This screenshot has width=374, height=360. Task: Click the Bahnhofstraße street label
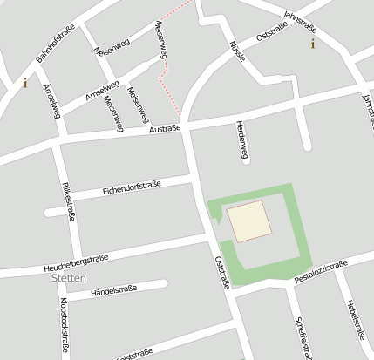55,44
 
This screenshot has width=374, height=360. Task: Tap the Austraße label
165,129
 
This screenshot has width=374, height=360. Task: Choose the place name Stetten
70,278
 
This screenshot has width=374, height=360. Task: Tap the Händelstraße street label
114,290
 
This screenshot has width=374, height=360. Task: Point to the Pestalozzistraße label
321,271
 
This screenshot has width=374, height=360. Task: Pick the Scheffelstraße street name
303,336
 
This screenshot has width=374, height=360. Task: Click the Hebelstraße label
353,318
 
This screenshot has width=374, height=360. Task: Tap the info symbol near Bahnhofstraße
25,84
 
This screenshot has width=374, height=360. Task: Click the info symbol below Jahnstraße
313,43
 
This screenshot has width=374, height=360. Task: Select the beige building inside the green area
248,220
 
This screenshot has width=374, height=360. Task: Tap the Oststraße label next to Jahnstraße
272,33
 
